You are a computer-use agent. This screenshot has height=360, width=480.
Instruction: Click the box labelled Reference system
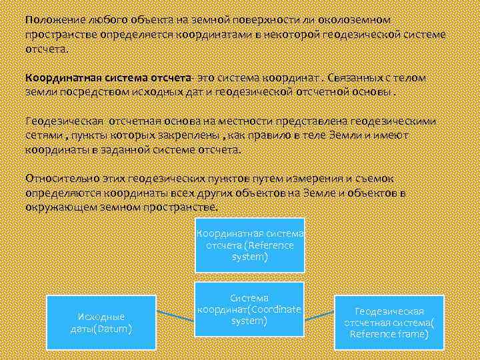[x=249, y=245]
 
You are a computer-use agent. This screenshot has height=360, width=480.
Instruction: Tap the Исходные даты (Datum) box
[x=101, y=323]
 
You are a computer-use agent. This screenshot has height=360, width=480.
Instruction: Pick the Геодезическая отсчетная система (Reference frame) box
[x=389, y=323]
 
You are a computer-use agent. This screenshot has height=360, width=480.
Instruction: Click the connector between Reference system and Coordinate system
[x=249, y=277]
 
